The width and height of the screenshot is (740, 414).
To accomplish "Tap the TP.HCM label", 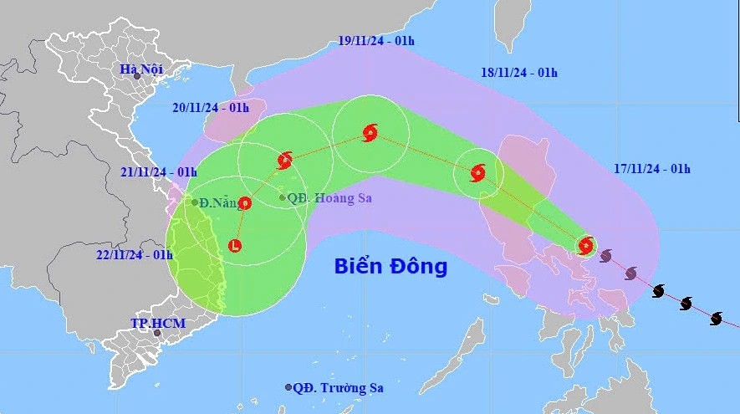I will (157, 323).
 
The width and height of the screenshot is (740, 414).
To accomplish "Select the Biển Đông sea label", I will (390, 267).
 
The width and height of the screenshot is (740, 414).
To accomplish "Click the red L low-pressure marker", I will (236, 246).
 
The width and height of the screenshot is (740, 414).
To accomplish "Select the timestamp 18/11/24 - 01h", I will (519, 72).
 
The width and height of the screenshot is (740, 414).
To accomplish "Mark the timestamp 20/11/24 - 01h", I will (211, 107).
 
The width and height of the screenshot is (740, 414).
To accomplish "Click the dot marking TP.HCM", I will (156, 333).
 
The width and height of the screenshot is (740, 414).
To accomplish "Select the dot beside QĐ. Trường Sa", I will (288, 387).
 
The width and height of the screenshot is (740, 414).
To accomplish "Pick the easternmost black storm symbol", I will (717, 318).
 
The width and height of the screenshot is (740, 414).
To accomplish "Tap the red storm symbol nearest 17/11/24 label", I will (586, 245).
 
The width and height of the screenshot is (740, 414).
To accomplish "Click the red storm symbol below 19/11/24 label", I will (370, 132).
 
